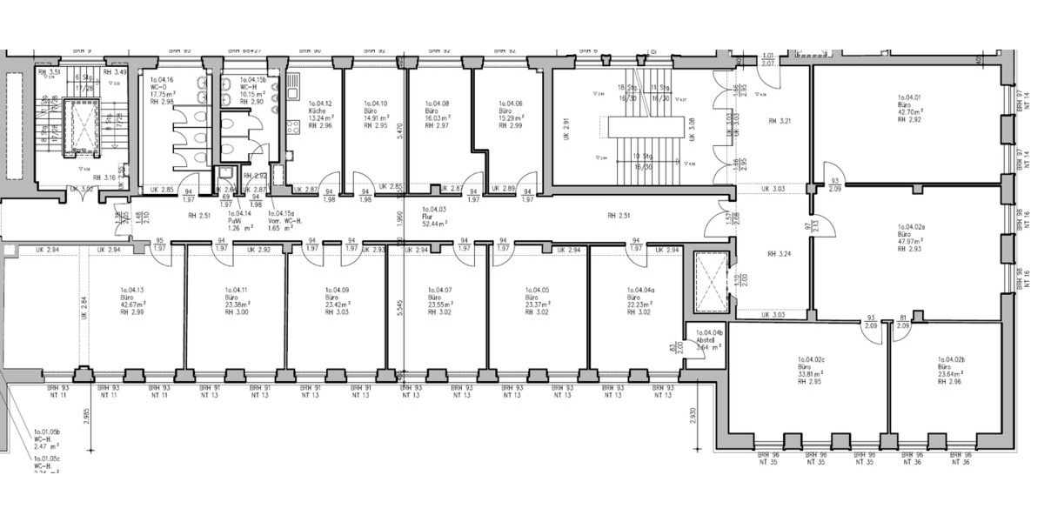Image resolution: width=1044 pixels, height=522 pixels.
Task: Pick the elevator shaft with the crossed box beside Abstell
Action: pyautogui.click(x=709, y=283)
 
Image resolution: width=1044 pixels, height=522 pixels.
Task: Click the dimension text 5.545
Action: pyautogui.click(x=399, y=311)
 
